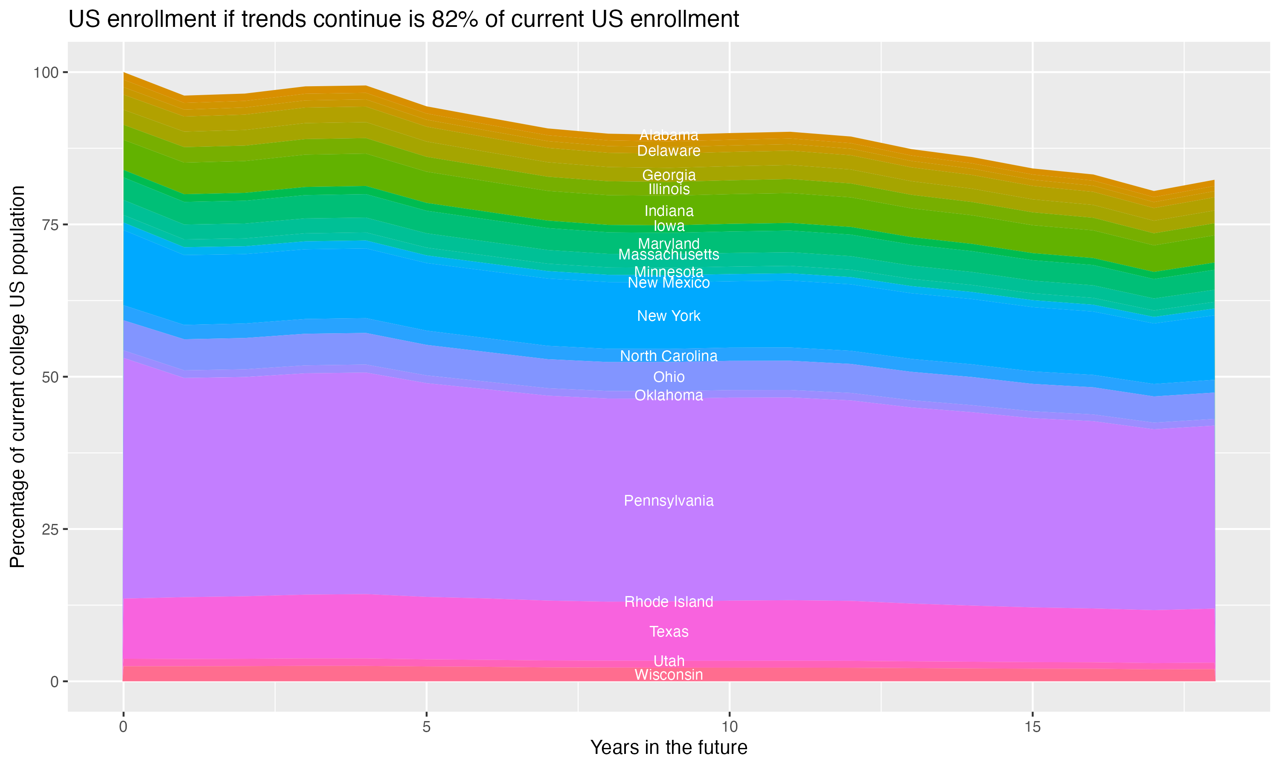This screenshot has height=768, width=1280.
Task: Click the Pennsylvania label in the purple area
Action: [669, 501]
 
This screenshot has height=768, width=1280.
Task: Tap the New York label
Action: [669, 316]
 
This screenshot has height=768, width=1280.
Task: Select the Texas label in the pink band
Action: [669, 632]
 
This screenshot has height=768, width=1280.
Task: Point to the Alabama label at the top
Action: [669, 135]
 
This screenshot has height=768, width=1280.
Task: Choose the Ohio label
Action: [669, 377]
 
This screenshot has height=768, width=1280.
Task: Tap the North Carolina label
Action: [669, 356]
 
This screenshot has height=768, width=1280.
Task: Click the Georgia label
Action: [669, 175]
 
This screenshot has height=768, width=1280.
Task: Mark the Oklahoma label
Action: [669, 396]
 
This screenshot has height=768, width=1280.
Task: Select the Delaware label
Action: [669, 151]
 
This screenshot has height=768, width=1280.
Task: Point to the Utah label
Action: [669, 661]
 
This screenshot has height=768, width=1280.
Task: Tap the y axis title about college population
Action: [17, 377]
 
